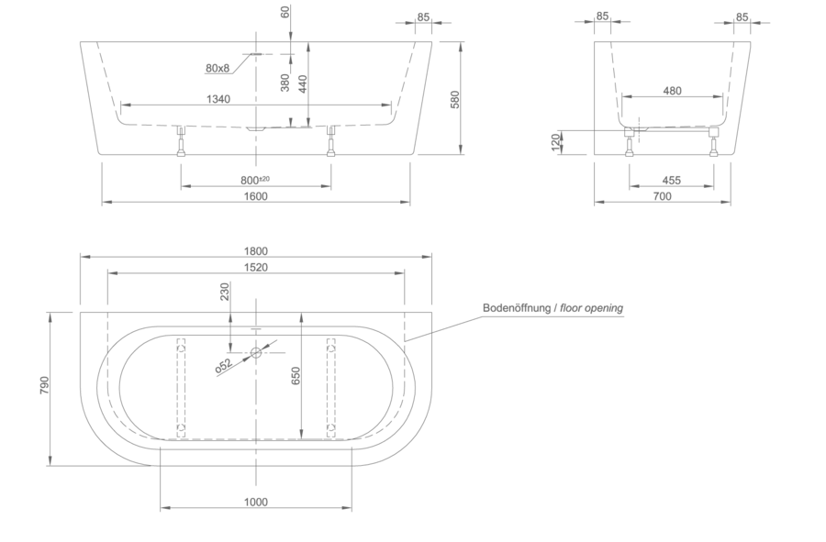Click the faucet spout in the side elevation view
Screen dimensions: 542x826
[x=220, y=68]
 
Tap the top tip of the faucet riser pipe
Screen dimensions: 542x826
[x=285, y=5]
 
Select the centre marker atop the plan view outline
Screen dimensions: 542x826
[x=256, y=249]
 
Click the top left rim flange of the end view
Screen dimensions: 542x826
[x=600, y=17]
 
